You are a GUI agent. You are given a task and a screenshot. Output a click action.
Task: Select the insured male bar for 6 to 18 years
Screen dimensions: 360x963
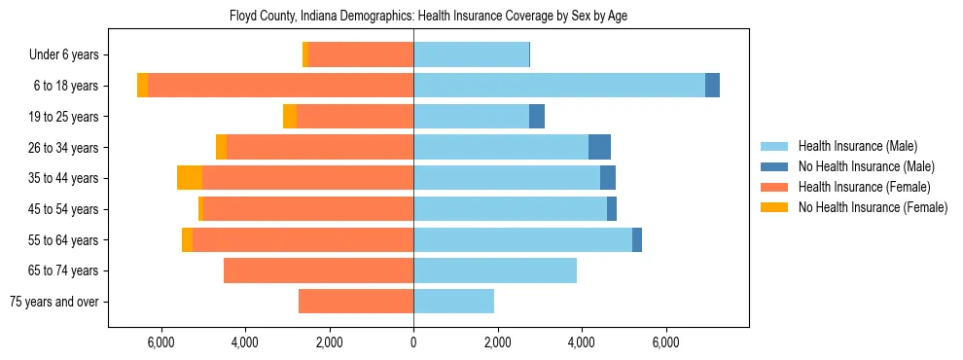pyautogui.click(x=559, y=86)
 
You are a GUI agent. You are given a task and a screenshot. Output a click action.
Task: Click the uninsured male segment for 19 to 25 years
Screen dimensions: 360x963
pyautogui.click(x=537, y=117)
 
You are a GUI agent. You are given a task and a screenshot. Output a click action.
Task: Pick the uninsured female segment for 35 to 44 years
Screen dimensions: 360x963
pyautogui.click(x=190, y=178)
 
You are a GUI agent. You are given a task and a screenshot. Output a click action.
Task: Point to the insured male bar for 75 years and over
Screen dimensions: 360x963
pyautogui.click(x=453, y=302)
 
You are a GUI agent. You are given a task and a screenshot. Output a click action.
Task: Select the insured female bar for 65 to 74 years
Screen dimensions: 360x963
pyautogui.click(x=318, y=270)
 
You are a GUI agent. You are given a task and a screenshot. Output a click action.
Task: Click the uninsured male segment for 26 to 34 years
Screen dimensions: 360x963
pyautogui.click(x=599, y=147)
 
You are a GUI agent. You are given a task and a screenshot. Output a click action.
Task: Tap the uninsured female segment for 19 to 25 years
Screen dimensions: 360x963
pyautogui.click(x=290, y=117)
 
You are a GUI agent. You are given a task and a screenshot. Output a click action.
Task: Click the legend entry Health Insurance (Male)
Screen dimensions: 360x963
pyautogui.click(x=857, y=146)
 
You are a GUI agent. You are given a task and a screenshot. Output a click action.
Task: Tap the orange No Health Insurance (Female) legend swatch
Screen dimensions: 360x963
pyautogui.click(x=775, y=207)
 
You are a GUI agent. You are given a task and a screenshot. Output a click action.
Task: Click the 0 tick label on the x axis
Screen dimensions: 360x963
pyautogui.click(x=413, y=342)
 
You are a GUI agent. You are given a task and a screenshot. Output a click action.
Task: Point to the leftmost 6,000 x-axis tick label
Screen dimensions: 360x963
pyautogui.click(x=160, y=342)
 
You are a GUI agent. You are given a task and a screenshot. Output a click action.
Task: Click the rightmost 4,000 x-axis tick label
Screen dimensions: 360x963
pyautogui.click(x=582, y=342)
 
